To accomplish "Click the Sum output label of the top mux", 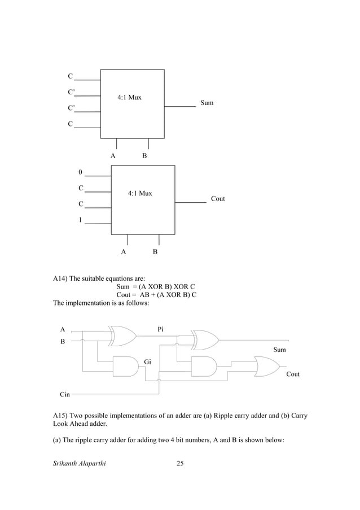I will (x=207, y=103).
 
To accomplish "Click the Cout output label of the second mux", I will (x=218, y=199).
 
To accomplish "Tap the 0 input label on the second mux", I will (x=81, y=172).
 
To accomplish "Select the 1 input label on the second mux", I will (x=81, y=220).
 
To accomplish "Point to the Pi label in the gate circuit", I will (x=161, y=329).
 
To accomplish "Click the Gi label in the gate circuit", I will (x=148, y=361).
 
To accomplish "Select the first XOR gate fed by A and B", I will (x=124, y=335).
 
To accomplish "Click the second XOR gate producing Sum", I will (x=205, y=339).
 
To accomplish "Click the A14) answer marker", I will (x=62, y=279).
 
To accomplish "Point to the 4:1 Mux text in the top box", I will (x=129, y=98).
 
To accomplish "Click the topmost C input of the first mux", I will (x=70, y=76).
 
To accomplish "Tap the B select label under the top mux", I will (x=144, y=155).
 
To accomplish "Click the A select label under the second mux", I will (x=124, y=252).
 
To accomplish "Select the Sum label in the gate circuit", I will (x=279, y=350).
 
